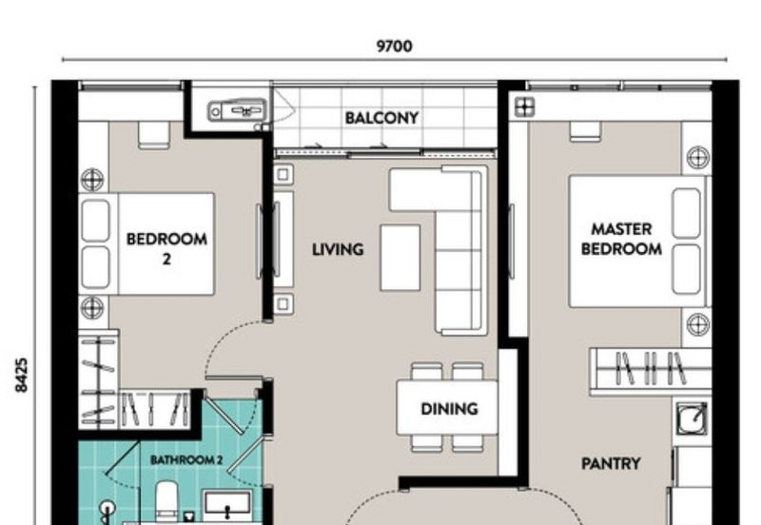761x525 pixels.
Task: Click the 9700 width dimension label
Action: coord(394,45)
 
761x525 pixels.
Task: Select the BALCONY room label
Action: coord(381,118)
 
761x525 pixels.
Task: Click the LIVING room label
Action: coord(338,250)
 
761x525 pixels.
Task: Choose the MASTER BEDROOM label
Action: coord(621,240)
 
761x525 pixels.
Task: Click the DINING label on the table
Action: coord(449,409)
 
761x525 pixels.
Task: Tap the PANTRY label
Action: coord(611,464)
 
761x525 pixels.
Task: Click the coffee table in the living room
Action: coord(400,257)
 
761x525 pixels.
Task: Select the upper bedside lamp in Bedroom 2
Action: coord(92,179)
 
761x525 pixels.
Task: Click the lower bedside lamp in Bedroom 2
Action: coord(92,306)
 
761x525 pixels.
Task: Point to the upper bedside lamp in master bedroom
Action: coord(698,157)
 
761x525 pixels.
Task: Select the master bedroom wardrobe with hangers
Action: coord(650,370)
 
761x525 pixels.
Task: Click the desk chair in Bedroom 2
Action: coord(153,134)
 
